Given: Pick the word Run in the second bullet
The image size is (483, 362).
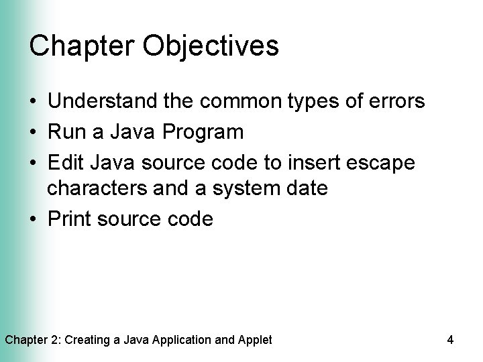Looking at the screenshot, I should (x=64, y=132).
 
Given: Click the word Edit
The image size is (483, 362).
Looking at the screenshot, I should (x=64, y=163).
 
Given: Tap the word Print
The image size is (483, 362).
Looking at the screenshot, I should (x=69, y=219).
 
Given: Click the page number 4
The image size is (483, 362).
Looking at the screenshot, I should (x=450, y=340).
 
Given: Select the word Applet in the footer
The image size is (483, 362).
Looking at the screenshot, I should (x=255, y=340).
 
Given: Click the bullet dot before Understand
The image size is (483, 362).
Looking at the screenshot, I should (x=34, y=102).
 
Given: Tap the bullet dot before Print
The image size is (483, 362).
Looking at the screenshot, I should (x=34, y=220).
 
